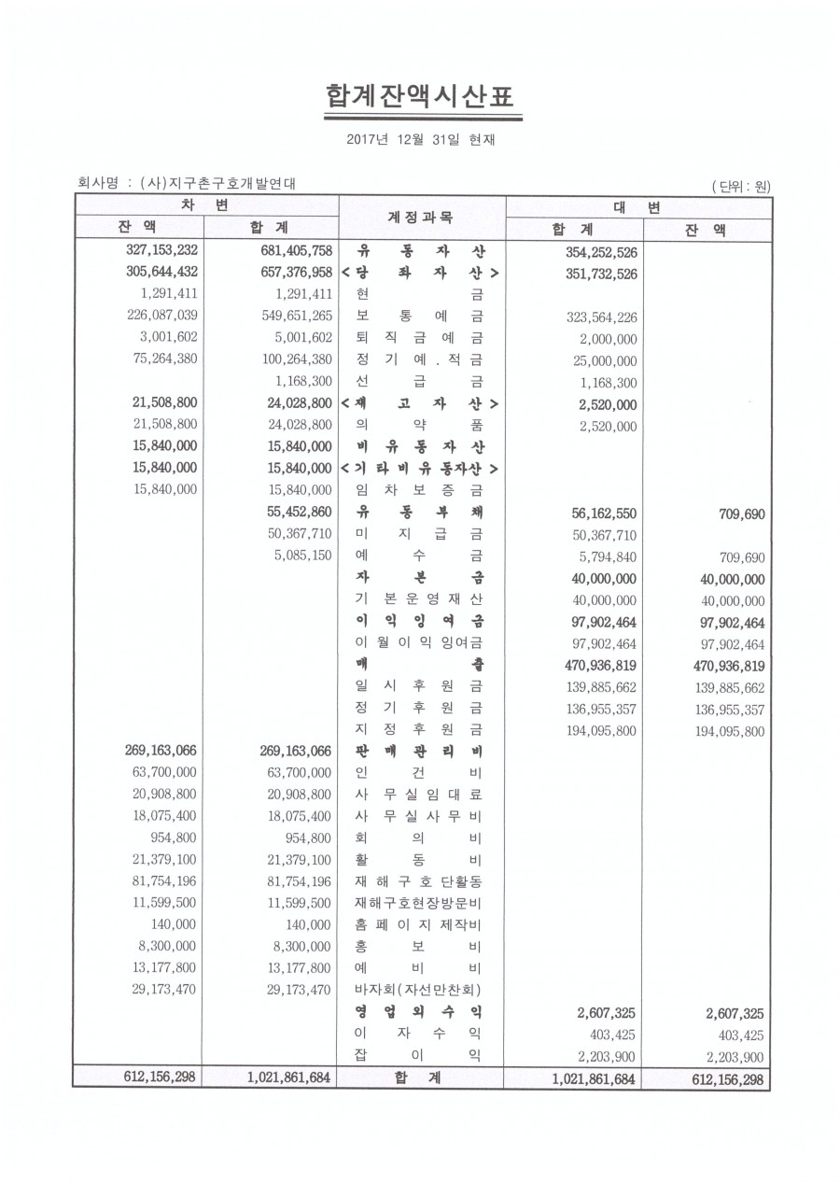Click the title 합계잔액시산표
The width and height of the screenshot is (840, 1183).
(420, 97)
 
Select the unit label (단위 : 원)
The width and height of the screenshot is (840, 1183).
(740, 186)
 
